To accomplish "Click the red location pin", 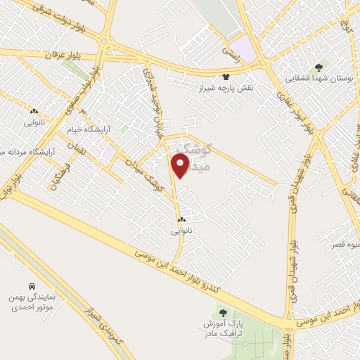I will [180, 165].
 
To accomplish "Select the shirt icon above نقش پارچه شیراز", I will [225, 76].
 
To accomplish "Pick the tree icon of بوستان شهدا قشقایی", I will [320, 67].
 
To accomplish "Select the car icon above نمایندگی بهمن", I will [32, 287].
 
